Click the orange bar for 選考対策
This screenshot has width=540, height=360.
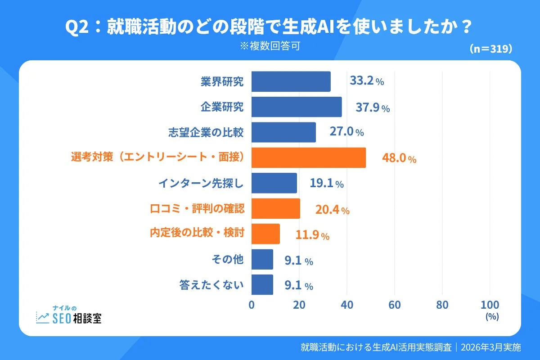click(308, 158)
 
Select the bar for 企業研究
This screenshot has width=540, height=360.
click(296, 107)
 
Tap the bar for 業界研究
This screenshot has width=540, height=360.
click(291, 81)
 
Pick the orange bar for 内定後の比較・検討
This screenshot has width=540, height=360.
click(265, 234)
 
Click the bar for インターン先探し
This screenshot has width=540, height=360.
click(274, 183)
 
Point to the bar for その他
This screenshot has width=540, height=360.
click(262, 260)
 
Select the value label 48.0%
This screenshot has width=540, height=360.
click(399, 158)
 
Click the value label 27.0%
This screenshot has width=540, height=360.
click(346, 132)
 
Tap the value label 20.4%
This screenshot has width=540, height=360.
click(332, 210)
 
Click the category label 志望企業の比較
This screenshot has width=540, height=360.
click(206, 132)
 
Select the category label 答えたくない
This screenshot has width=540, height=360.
click(211, 285)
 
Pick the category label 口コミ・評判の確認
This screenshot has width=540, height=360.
click(197, 209)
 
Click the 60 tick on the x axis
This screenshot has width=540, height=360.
click(395, 305)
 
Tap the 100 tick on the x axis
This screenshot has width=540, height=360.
click(490, 305)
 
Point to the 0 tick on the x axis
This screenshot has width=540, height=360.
click(252, 305)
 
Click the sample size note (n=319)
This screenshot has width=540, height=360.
click(490, 49)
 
